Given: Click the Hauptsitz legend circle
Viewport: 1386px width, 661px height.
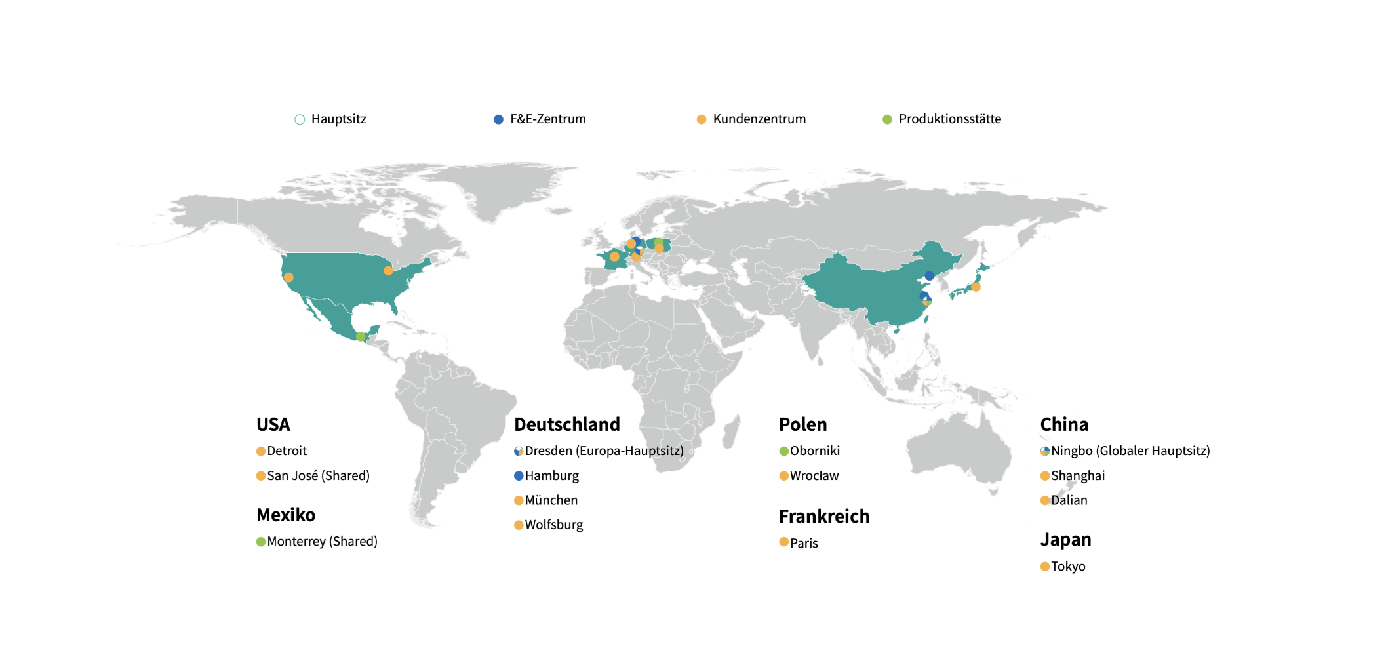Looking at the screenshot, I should pyautogui.click(x=300, y=119).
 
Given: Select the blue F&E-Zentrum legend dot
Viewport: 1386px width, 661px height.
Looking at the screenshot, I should pyautogui.click(x=498, y=119).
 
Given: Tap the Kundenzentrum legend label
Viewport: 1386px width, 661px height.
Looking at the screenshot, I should pyautogui.click(x=759, y=119).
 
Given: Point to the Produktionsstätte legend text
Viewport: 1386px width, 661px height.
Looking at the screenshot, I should pyautogui.click(x=949, y=119).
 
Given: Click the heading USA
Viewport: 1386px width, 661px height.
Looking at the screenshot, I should pyautogui.click(x=273, y=425).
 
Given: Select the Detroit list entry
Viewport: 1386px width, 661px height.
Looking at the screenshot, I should pyautogui.click(x=287, y=451).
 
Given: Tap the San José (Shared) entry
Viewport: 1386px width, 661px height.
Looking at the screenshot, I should pyautogui.click(x=318, y=476).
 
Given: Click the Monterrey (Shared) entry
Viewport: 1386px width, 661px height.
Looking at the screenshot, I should pyautogui.click(x=322, y=542).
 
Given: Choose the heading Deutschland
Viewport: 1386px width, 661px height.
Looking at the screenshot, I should pyautogui.click(x=567, y=425).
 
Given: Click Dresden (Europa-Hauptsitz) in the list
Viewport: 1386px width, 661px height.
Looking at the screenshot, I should pyautogui.click(x=604, y=451).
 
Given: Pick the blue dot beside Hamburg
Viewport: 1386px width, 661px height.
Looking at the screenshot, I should pyautogui.click(x=519, y=476).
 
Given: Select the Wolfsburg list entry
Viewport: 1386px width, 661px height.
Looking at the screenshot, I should pyautogui.click(x=554, y=525).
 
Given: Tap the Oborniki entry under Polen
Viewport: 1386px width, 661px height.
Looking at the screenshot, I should pyautogui.click(x=814, y=451).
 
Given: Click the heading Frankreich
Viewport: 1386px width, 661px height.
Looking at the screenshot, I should pyautogui.click(x=824, y=517).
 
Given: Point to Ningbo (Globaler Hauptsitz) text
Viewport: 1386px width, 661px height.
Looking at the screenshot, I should pyautogui.click(x=1130, y=451).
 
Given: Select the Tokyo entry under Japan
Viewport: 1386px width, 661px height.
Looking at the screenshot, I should pyautogui.click(x=1068, y=567).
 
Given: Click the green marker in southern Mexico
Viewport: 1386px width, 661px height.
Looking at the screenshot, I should pyautogui.click(x=361, y=336).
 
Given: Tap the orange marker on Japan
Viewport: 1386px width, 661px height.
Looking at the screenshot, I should pyautogui.click(x=976, y=287).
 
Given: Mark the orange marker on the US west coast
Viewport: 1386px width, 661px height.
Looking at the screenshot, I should pyautogui.click(x=288, y=277).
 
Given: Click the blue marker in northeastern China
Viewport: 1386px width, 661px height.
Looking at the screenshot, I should pyautogui.click(x=930, y=275).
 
